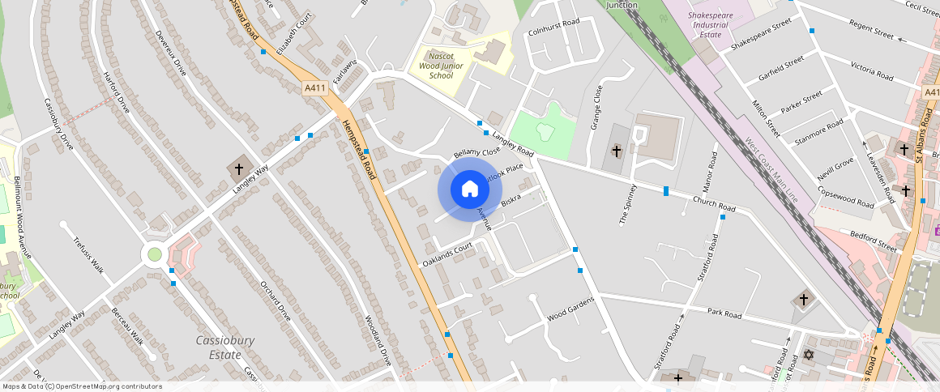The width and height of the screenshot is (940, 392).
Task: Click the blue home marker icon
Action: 469,190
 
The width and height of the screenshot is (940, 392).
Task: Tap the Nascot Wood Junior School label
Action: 441,65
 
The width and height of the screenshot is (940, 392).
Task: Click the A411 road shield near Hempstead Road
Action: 315,87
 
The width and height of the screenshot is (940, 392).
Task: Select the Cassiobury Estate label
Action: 219,347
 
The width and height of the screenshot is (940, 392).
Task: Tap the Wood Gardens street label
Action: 570,308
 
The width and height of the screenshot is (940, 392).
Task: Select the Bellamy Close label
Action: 476,152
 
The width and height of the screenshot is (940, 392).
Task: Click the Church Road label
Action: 714,204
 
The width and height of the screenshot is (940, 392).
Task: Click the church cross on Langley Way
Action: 238,169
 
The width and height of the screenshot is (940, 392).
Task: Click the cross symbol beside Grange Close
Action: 616,151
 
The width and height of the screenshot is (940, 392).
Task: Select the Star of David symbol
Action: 806,356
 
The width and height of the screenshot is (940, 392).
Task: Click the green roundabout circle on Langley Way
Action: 152,255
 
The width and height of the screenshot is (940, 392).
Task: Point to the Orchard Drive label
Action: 276,300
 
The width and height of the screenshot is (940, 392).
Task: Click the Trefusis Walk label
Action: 88,254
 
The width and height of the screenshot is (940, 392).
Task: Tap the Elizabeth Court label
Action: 293,33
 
